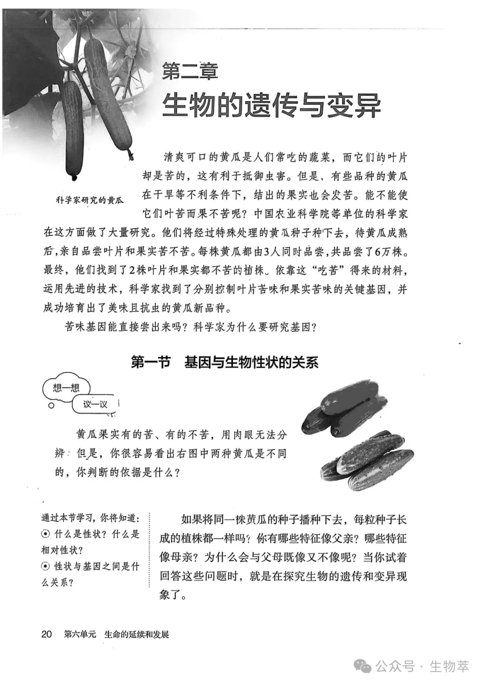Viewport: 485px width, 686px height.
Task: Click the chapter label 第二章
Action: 190,71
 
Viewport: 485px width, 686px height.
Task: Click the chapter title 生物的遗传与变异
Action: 271,106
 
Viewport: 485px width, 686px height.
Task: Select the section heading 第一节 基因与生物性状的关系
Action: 225,362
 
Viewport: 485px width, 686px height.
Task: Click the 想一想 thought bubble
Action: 66,388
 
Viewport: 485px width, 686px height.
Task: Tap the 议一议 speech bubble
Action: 95,404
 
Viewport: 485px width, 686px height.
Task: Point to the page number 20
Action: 47,634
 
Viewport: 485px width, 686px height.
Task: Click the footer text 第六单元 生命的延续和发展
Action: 117,634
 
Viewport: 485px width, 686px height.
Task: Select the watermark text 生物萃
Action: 449,666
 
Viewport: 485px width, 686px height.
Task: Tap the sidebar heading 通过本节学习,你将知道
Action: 90,518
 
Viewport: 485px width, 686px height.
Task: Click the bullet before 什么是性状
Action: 45,534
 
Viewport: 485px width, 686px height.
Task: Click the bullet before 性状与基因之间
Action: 45,566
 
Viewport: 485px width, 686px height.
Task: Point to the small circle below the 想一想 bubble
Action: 52,405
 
